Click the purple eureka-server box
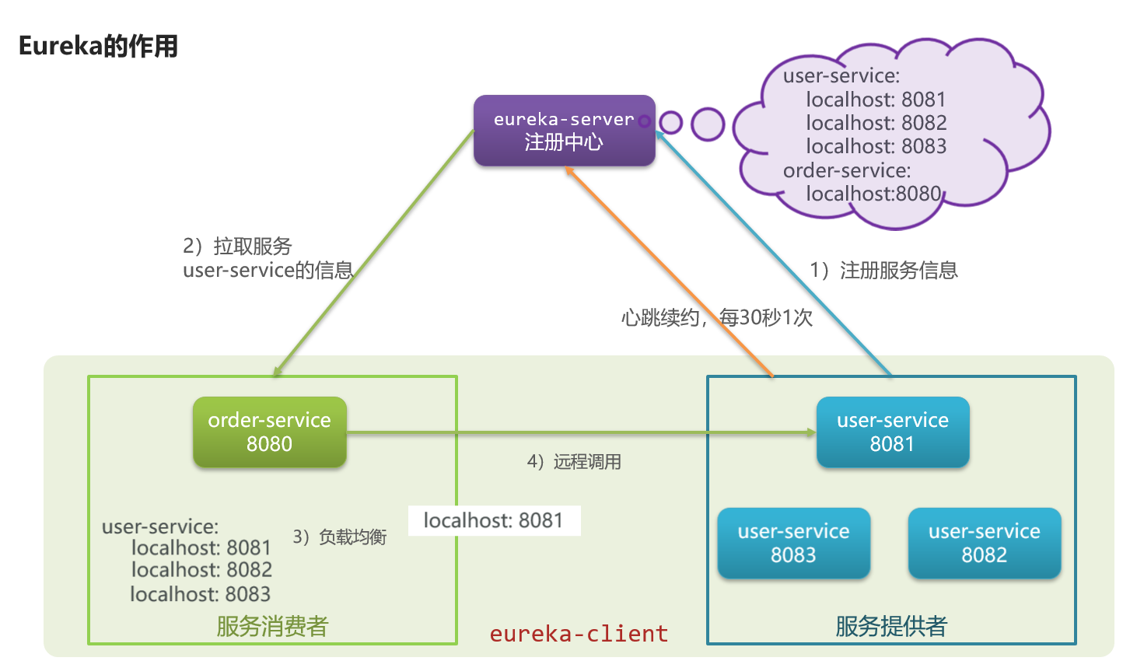[x=564, y=131]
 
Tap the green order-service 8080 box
[x=269, y=432]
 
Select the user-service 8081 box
[x=892, y=432]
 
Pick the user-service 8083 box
[x=793, y=543]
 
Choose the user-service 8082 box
[x=984, y=543]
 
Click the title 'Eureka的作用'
[x=98, y=47]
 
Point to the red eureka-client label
[x=579, y=634]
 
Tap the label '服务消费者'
[x=272, y=626]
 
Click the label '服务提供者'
[x=891, y=626]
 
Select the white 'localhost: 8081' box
[x=494, y=520]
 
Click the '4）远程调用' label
[x=574, y=462]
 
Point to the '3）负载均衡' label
[x=340, y=537]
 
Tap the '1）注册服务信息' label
[x=884, y=271]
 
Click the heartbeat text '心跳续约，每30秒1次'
[x=716, y=317]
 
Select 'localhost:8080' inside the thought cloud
[x=873, y=194]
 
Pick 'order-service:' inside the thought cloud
[x=846, y=170]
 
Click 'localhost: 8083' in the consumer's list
[x=201, y=594]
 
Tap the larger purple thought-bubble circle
[x=708, y=124]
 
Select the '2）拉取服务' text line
[x=237, y=247]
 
